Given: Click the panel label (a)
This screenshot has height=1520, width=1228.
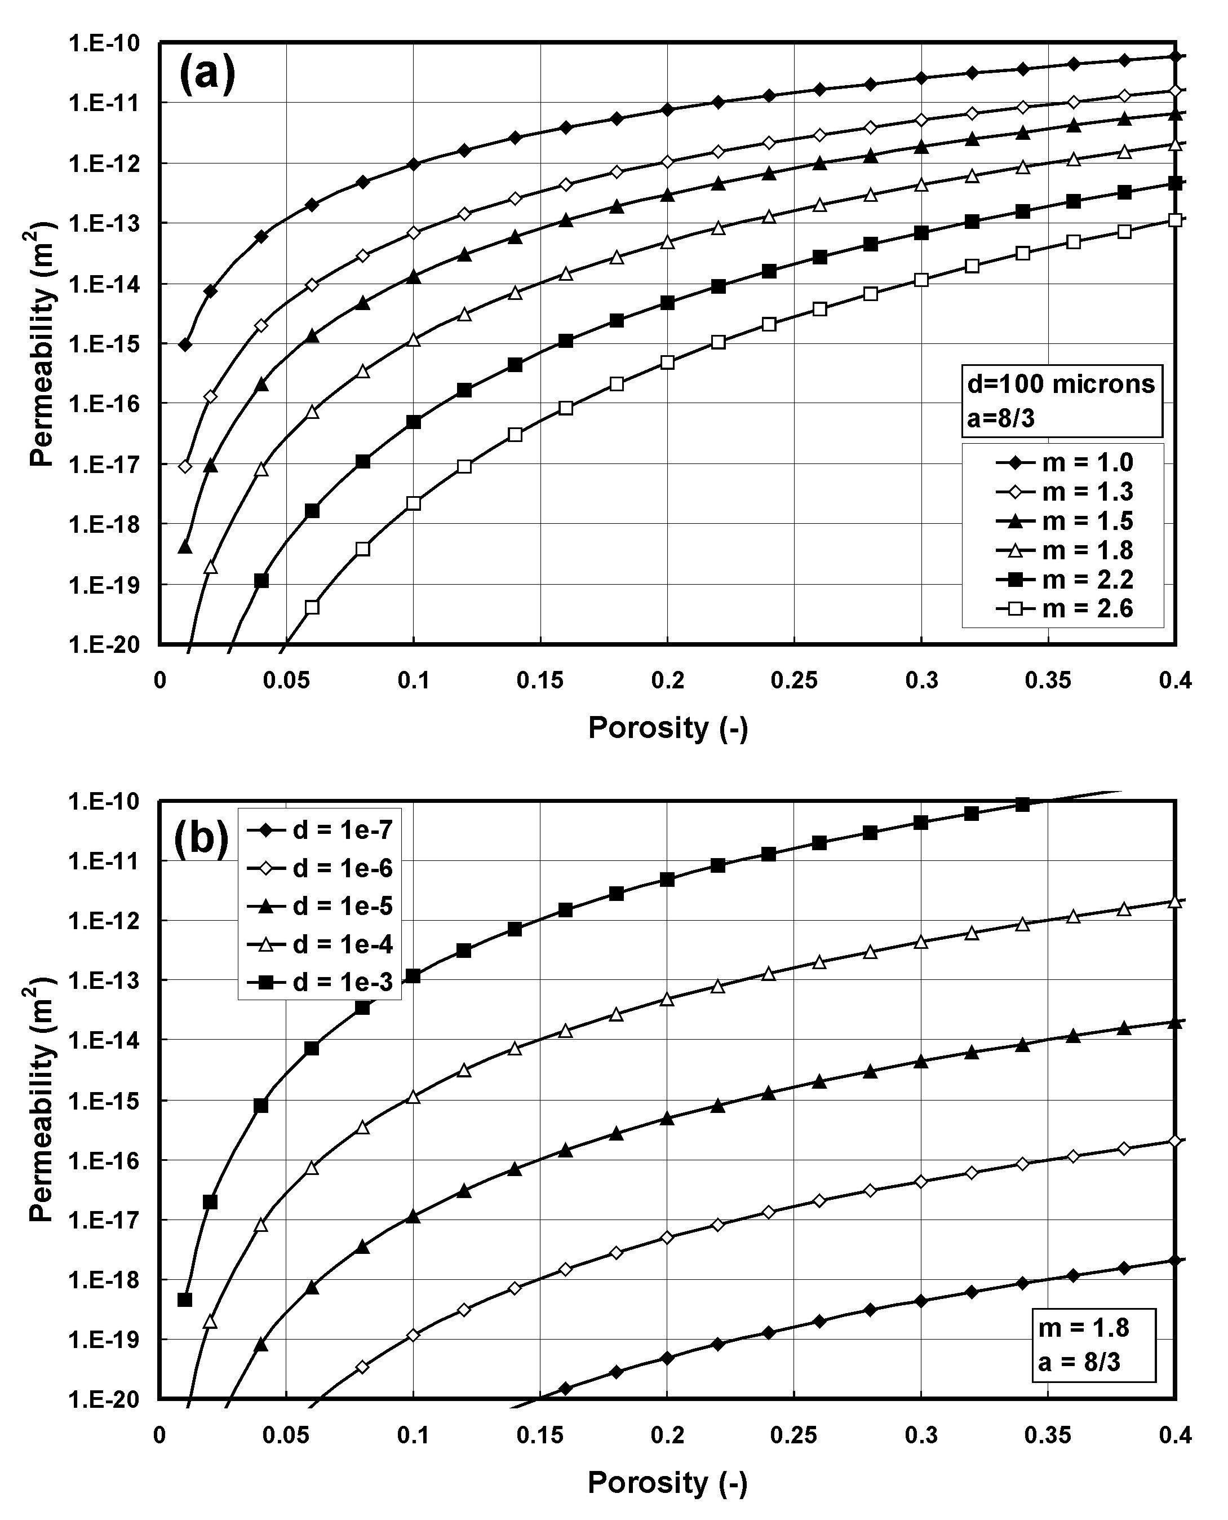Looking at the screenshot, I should tap(207, 74).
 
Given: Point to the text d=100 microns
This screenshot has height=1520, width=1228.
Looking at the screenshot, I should tap(1061, 385).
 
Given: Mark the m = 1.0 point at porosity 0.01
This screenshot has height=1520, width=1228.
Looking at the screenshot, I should tap(185, 344).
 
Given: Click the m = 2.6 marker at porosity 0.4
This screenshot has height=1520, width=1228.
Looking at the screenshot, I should tap(1175, 220).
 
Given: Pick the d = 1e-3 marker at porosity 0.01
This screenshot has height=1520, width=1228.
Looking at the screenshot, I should tap(185, 1300).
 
